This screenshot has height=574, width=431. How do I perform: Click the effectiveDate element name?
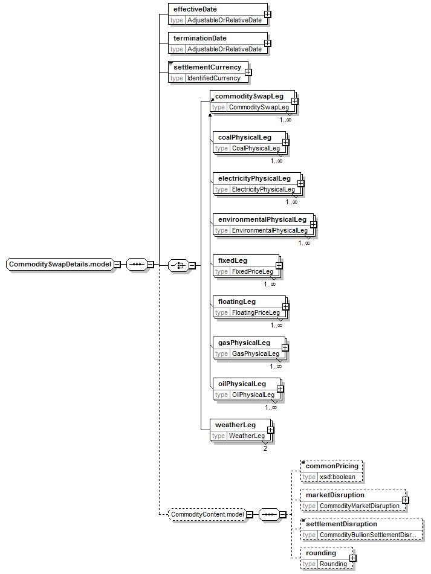coord(195,9)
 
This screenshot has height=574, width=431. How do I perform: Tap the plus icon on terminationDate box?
coord(268,43)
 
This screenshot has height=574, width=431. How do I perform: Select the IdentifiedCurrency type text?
coord(214,78)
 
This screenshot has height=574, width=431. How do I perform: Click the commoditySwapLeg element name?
coord(249,96)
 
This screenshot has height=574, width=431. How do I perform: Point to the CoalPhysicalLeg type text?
coord(256,148)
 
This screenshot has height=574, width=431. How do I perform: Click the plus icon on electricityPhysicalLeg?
coord(300,184)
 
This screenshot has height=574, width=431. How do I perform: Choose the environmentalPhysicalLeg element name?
coord(262,220)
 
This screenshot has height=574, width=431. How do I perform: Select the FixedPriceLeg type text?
coord(252,271)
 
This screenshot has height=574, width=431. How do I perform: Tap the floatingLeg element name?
coord(236,302)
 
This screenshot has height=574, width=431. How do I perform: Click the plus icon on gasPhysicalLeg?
coord(285,348)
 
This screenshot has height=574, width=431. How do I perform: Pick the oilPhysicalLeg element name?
coord(242,384)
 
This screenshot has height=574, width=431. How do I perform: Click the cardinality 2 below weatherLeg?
coord(265,448)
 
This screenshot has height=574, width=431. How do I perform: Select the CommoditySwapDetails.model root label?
coord(60,264)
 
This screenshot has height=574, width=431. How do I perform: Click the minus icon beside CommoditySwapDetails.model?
coord(117,264)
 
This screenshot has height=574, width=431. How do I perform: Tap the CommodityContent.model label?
coord(207,514)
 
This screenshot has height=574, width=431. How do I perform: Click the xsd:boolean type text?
coord(337,477)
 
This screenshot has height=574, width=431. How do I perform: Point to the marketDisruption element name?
coord(335,495)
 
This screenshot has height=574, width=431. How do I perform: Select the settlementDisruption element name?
coord(342,524)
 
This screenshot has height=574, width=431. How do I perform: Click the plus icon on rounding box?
coord(352,558)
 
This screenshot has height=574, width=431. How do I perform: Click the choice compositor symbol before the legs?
coord(178,265)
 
